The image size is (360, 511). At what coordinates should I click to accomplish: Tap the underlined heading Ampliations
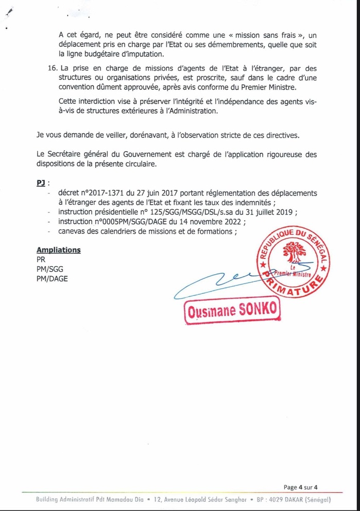(x=59, y=250)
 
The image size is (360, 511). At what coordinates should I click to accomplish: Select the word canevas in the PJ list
(x=73, y=232)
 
